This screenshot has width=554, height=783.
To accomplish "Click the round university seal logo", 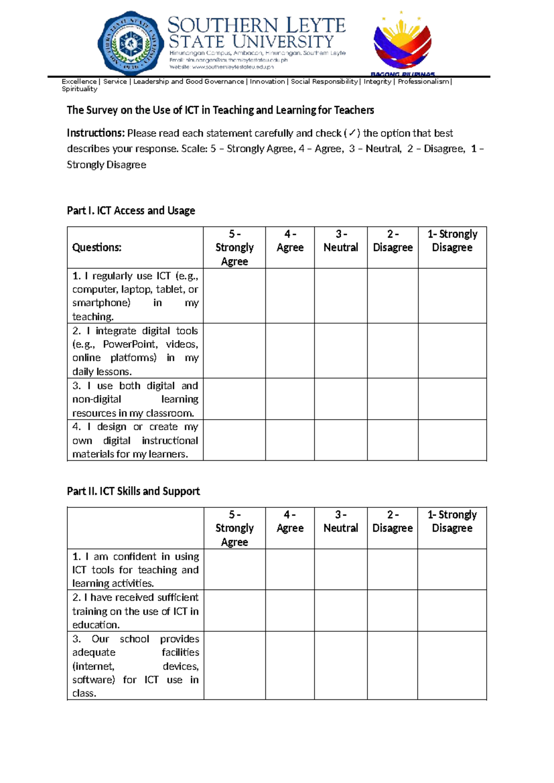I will tap(131, 43).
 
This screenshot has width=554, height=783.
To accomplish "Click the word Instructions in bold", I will tap(96, 133).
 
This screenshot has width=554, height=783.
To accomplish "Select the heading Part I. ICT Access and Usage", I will tap(131, 211).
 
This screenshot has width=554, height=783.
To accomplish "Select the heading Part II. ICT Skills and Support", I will tap(133, 491).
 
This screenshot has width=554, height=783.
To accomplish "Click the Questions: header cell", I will tap(97, 247).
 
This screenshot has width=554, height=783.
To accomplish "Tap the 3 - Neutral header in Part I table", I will tap(341, 241).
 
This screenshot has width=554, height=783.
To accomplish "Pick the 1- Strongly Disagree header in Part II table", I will tap(452, 521).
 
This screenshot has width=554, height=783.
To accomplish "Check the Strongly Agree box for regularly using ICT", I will tap(234, 295).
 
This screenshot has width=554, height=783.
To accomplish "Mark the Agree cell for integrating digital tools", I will tap(289, 350).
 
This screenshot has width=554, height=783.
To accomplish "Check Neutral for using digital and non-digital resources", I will tap(341, 399).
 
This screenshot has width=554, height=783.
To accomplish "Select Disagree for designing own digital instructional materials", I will tap(392, 440).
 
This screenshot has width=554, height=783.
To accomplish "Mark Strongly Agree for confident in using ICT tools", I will tap(234, 569).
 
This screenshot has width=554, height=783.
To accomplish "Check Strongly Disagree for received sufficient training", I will tap(452, 610).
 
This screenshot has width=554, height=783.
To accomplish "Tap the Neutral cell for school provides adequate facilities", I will tap(341, 665).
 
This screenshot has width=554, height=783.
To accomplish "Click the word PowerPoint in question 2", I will tap(130, 344).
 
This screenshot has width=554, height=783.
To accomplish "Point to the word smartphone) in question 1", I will tap(101, 303).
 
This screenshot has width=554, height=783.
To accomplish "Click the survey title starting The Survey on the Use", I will tap(220, 110).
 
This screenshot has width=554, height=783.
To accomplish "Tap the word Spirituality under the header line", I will tap(79, 89).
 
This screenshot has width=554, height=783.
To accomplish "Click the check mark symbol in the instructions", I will tap(352, 133).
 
